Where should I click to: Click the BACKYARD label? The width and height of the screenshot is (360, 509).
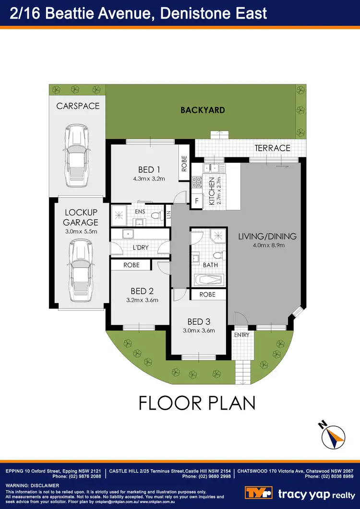(203, 110)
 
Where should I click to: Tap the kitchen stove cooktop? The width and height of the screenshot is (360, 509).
(197, 182)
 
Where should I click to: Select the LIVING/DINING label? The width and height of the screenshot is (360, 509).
(267, 236)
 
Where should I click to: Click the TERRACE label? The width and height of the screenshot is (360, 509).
(272, 148)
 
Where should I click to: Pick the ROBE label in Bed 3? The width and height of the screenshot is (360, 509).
(207, 295)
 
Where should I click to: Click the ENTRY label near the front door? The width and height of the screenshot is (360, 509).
(241, 335)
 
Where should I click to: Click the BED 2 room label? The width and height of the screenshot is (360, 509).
(142, 291)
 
